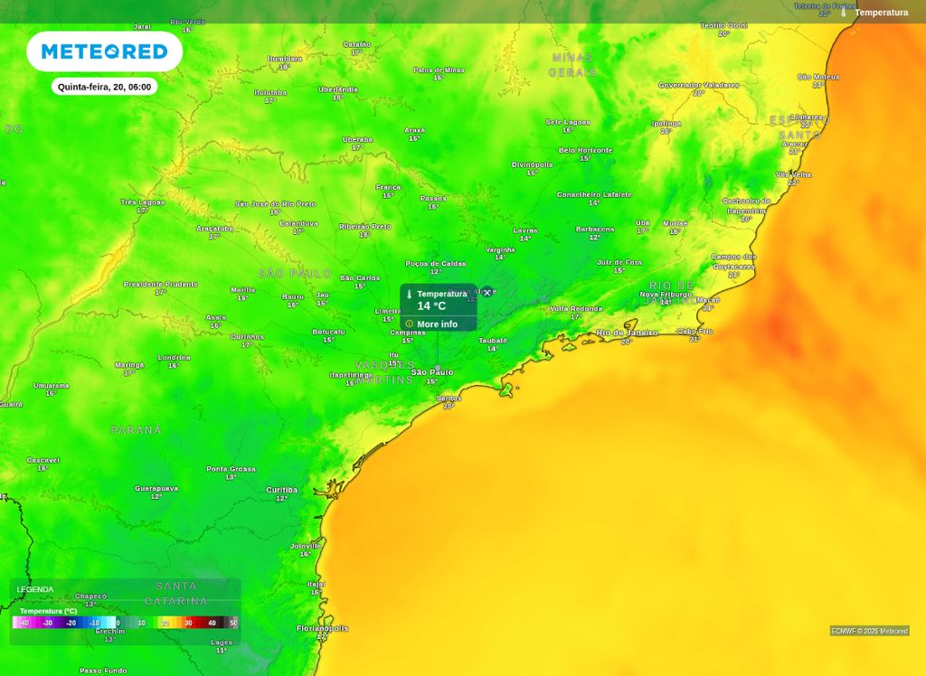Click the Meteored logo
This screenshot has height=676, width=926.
104,52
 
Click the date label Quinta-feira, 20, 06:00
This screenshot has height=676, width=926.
104,87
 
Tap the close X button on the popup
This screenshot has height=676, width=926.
487,293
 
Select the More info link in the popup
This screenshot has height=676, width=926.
437,324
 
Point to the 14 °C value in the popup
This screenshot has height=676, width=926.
431,306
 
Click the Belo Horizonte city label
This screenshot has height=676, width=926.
585,150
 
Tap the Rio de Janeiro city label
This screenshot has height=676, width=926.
627,333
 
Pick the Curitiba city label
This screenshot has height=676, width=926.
281,490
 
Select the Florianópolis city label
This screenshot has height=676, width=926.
322,628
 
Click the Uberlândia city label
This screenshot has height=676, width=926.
338,89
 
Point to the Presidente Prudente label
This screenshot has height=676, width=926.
160,284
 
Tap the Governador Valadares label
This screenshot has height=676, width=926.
698,85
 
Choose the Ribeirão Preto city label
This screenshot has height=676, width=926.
365,226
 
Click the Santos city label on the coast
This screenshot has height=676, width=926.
449,398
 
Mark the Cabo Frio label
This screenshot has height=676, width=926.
694,331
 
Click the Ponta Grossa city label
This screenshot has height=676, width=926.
231,469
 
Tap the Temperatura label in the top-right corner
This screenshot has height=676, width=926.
881,13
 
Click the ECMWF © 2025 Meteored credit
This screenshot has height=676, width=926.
869,631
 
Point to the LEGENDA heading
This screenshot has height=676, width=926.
35,589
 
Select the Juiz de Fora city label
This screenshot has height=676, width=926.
619,262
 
